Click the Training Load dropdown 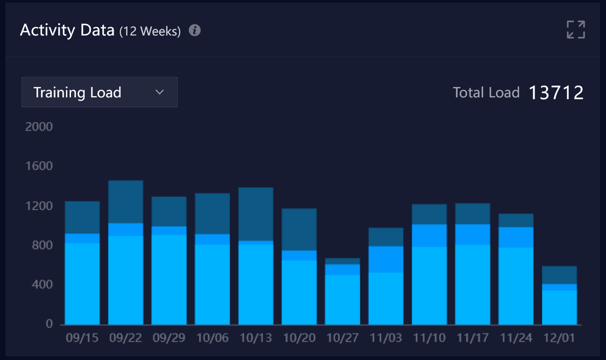(x=99, y=92)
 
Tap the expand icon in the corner (x=576, y=29)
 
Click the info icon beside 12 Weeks (x=195, y=30)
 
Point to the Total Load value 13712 (x=556, y=92)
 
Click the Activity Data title (x=67, y=30)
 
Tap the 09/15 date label (x=82, y=338)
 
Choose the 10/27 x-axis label (x=343, y=338)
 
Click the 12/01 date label (x=560, y=338)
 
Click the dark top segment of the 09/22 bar (x=125, y=202)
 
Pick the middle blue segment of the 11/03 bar (x=386, y=259)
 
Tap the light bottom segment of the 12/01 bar (x=560, y=307)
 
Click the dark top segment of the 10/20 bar (x=299, y=229)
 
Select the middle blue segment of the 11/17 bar (x=472, y=234)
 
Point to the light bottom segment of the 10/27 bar (x=343, y=299)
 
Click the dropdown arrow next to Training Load (x=160, y=92)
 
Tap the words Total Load (x=486, y=92)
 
